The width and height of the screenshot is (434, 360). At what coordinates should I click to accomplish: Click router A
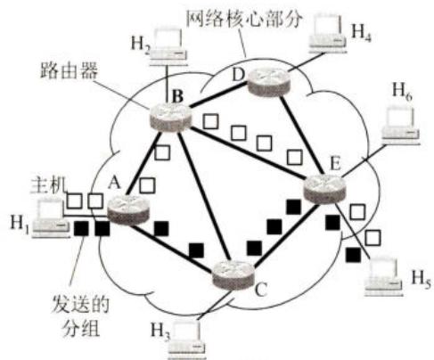tap(128, 210)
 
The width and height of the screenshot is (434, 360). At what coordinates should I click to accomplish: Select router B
tap(170, 118)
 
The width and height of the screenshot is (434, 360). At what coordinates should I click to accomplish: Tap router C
tap(233, 275)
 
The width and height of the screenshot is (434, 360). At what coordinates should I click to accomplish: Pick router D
tap(268, 82)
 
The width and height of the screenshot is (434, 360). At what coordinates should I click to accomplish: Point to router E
tap(324, 189)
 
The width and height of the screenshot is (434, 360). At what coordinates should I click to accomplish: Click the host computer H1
tap(50, 219)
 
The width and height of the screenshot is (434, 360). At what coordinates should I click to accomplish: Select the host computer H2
tap(168, 46)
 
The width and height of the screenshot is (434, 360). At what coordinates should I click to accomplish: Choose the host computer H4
tap(328, 34)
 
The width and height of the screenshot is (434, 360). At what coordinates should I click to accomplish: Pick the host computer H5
tap(384, 277)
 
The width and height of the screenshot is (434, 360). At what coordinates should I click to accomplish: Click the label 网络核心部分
tap(244, 19)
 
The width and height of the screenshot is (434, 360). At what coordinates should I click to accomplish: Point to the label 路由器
tap(70, 71)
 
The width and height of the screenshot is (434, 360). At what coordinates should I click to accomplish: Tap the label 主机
tap(48, 185)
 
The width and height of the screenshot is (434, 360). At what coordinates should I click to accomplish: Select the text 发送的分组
tap(81, 315)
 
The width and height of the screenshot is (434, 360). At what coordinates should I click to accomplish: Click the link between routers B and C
tap(205, 196)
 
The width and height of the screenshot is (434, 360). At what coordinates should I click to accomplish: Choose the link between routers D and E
tap(301, 135)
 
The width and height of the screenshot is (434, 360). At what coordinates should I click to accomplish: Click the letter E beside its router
tap(335, 164)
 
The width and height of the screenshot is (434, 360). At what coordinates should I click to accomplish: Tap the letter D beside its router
tap(238, 75)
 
